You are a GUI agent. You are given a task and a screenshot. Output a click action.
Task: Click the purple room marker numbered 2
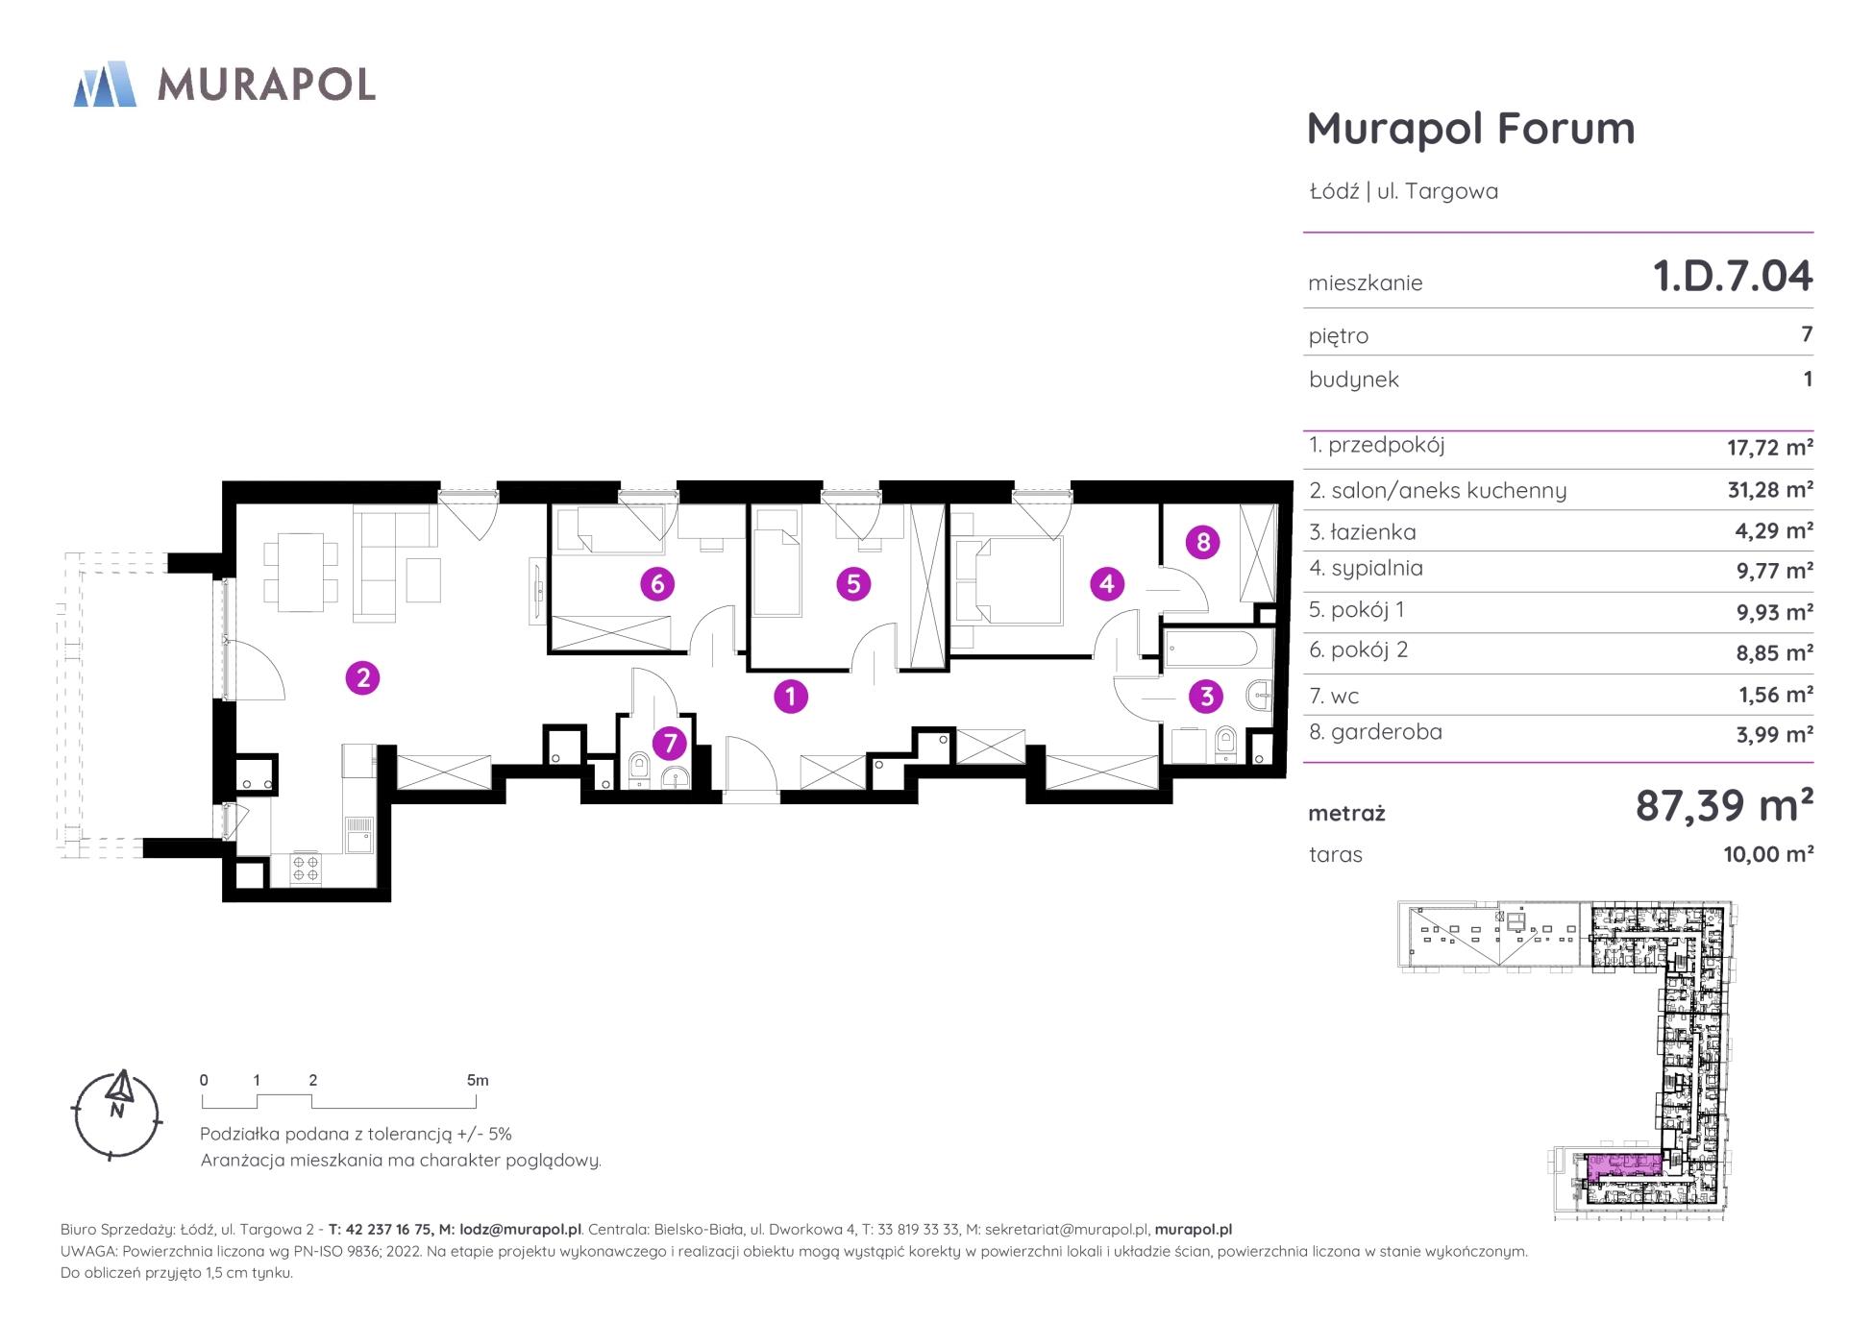coord(362,678)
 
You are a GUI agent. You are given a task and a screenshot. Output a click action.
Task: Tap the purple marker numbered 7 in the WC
coord(670,743)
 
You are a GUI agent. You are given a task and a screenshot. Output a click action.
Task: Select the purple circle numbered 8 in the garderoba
coord(1203,542)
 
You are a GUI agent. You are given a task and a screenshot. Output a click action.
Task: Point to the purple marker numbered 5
coord(853,583)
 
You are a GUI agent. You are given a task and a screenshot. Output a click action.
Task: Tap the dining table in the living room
coord(300,572)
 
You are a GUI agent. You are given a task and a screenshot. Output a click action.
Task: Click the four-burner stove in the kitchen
coord(307,870)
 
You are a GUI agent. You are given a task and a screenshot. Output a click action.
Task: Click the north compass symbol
coord(118,1115)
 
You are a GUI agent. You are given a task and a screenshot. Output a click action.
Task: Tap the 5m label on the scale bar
coord(478,1080)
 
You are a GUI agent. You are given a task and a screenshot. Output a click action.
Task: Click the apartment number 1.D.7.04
coord(1732,276)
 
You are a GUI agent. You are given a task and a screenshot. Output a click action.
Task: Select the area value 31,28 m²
coord(1769,490)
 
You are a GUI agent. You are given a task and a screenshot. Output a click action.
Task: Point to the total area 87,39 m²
coord(1724,805)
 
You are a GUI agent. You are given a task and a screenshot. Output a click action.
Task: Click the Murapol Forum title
coord(1470,129)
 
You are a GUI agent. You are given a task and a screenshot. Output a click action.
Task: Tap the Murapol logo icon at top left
coord(105,84)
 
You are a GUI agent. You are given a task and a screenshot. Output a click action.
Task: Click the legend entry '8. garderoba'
coord(1375,732)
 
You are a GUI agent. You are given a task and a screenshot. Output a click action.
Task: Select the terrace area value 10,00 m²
coord(1768,854)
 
